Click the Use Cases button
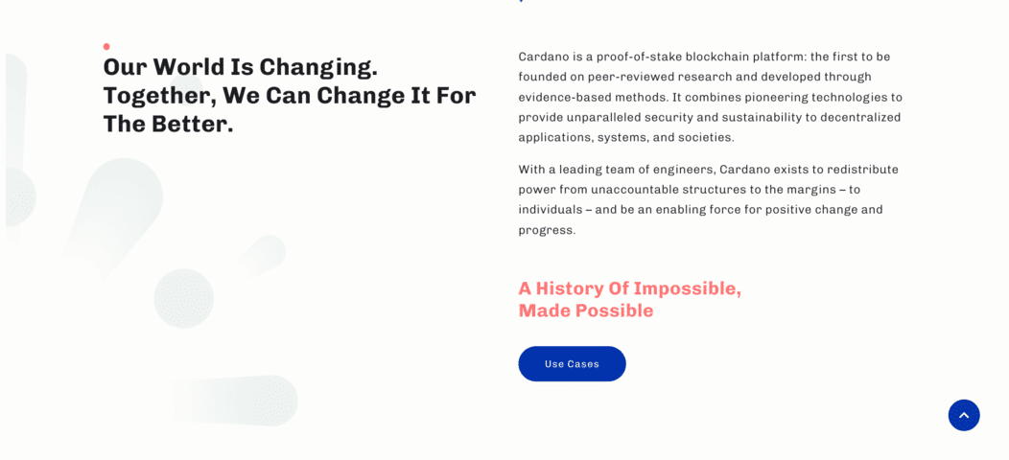click(x=572, y=363)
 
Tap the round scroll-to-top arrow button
click(x=964, y=416)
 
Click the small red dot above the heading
click(x=106, y=46)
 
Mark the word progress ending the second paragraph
click(x=547, y=230)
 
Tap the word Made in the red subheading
click(x=545, y=310)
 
